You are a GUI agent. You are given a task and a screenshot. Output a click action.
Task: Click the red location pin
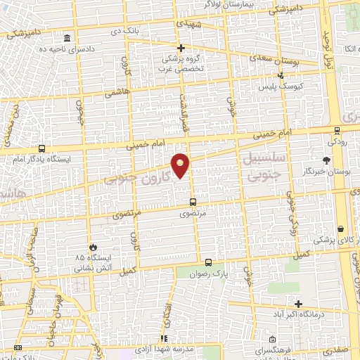[x=181, y=164]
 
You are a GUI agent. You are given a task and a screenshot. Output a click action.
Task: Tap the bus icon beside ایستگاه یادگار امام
[x=41, y=148]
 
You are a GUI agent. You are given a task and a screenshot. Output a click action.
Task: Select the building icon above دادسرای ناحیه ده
[x=66, y=37]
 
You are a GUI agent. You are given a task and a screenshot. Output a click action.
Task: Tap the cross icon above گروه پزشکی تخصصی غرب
[x=181, y=48]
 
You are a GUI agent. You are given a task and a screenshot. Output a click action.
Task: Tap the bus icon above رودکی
[x=337, y=129]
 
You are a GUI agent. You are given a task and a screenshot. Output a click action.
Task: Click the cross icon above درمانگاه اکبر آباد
[x=299, y=304]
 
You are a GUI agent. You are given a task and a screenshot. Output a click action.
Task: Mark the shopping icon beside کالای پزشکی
[x=341, y=229]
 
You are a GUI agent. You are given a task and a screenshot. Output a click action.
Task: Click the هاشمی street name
[x=114, y=92]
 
